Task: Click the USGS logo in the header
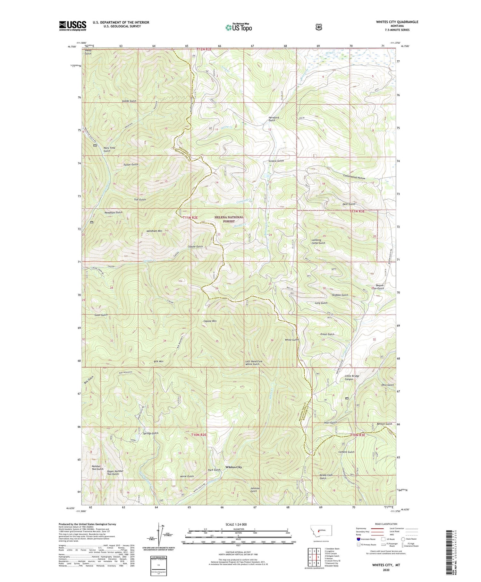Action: pos(72,26)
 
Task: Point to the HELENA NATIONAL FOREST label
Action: pos(229,219)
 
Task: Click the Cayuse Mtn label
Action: pos(210,321)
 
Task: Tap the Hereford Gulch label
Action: pos(274,119)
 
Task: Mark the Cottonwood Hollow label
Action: pos(354,178)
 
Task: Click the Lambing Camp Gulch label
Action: pos(318,241)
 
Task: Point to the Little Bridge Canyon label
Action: pos(352,378)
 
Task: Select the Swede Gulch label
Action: pos(129,101)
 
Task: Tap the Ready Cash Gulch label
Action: pos(326,476)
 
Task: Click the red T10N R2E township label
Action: pos(199,435)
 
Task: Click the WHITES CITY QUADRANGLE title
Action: pos(392,22)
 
